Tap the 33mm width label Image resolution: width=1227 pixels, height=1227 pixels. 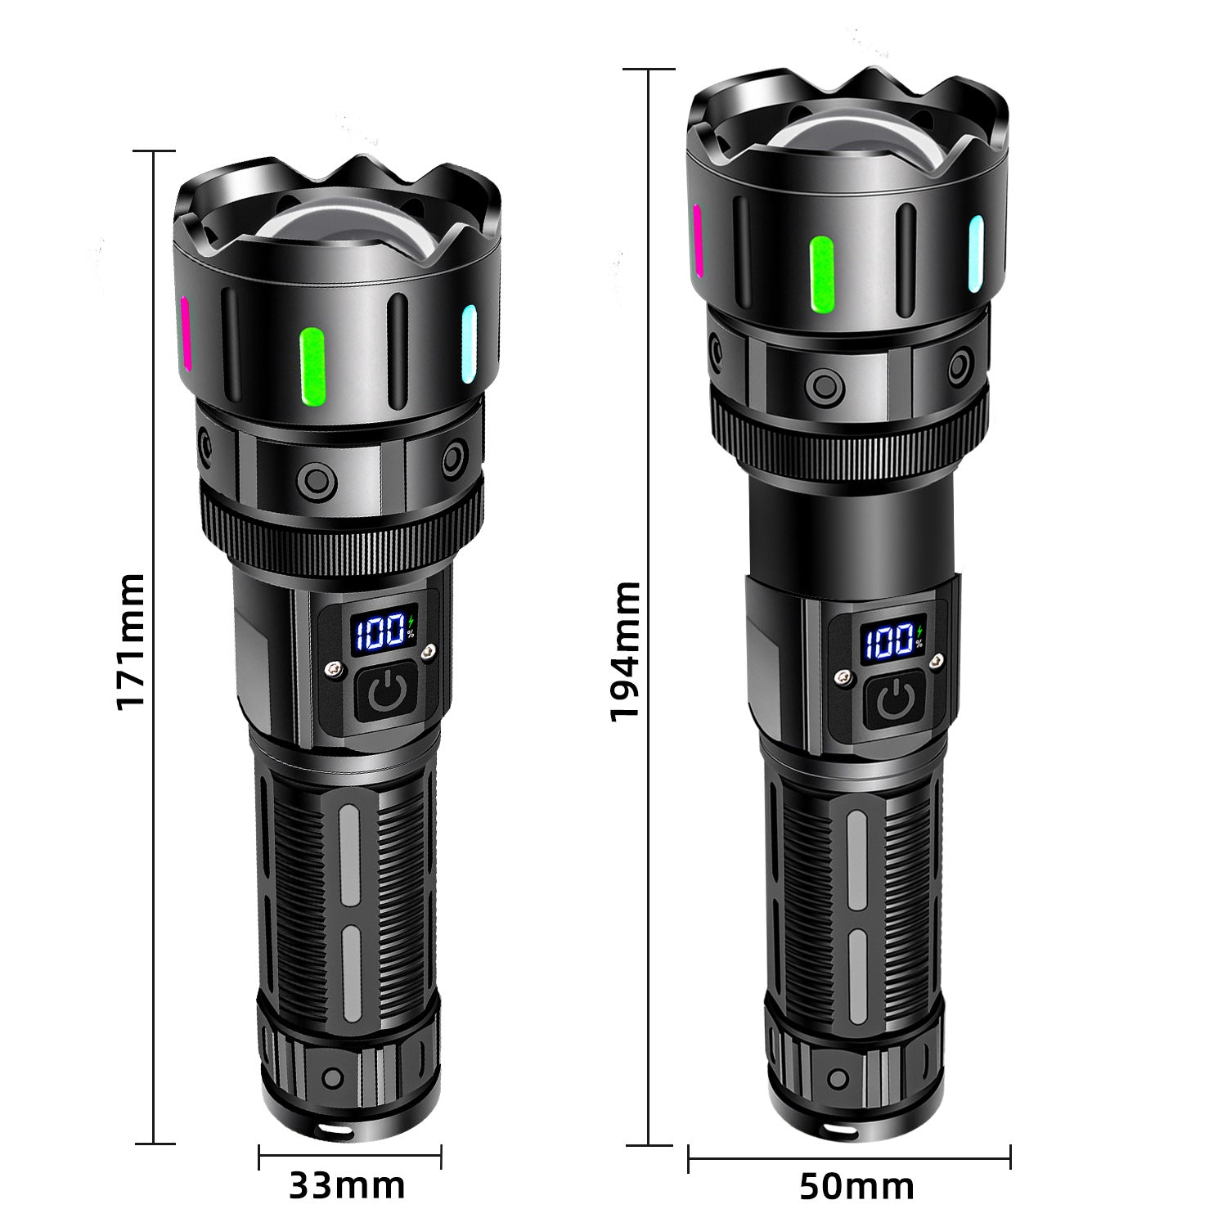[347, 1184]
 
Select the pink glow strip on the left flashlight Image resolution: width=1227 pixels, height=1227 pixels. [186, 333]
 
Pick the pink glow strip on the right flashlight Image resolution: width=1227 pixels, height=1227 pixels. [698, 240]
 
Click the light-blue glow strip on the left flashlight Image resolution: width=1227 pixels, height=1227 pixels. [469, 344]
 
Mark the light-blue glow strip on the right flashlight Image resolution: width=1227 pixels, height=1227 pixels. [976, 254]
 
